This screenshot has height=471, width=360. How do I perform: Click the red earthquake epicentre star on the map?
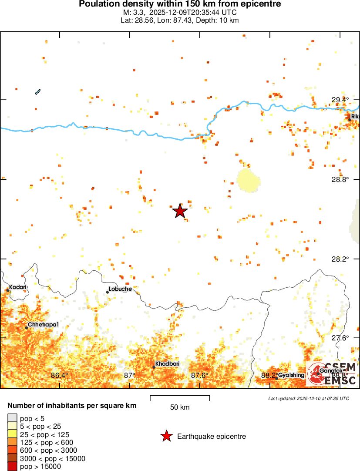point(180,211)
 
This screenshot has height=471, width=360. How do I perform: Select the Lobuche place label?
point(120,289)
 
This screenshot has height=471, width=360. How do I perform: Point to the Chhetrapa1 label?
point(43,325)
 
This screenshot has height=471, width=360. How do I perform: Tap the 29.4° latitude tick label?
point(340,100)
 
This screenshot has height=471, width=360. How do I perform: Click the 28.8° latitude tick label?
point(340,179)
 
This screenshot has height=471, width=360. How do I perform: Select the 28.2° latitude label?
point(340,259)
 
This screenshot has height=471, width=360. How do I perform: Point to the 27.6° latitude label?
point(340,338)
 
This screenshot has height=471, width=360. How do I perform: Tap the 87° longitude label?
point(129,375)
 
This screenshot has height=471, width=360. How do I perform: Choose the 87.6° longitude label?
point(200,375)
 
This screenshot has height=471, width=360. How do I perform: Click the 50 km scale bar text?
point(180,407)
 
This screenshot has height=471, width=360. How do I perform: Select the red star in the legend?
point(166,436)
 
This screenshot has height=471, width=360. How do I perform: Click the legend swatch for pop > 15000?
point(12,467)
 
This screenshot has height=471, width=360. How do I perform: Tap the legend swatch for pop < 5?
point(12,418)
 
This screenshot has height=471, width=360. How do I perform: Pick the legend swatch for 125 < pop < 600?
point(12,442)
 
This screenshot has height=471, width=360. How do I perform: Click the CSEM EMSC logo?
point(332,374)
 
